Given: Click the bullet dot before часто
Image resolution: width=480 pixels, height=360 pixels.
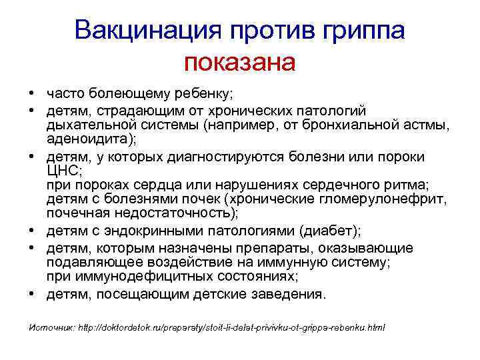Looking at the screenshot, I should pyautogui.click(x=31, y=95).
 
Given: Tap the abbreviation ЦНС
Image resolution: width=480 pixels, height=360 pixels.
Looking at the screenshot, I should pyautogui.click(x=62, y=170).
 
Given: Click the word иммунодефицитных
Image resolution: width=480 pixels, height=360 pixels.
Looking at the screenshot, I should pyautogui.click(x=131, y=277).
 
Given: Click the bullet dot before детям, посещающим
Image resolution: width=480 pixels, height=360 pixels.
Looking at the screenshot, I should pyautogui.click(x=31, y=293).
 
